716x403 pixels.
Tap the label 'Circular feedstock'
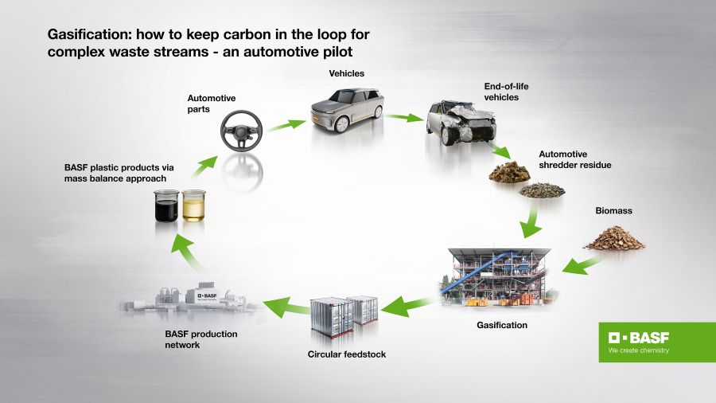pos(346,354)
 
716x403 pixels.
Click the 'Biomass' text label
pos(613,211)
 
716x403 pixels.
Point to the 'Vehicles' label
pos(347,73)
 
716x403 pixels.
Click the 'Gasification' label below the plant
pos(501,325)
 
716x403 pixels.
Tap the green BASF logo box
pos(657,342)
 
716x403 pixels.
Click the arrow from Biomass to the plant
pos(581,264)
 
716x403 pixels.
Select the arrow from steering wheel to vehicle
pos(286,124)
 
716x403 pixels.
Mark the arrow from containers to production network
pos(285,302)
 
